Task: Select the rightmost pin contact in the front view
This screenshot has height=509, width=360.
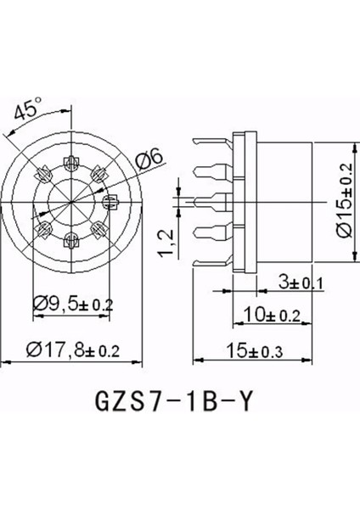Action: pos(110,201)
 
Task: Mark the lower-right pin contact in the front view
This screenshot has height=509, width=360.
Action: pos(98,227)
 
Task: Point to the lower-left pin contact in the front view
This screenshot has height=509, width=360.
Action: pos(42,227)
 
